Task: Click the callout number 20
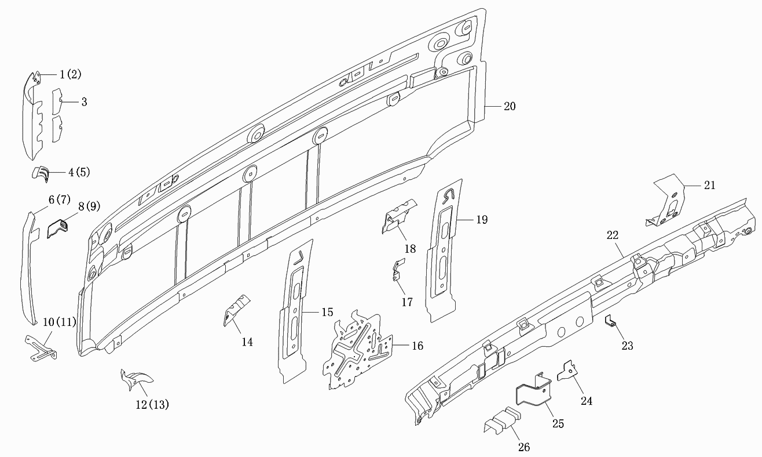pyautogui.click(x=510, y=106)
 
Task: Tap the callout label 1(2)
pyautogui.click(x=71, y=74)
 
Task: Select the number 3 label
pyautogui.click(x=84, y=102)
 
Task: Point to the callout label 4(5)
pyautogui.click(x=79, y=172)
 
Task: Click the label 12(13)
pyautogui.click(x=152, y=405)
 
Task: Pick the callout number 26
pyautogui.click(x=524, y=447)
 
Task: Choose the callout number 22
pyautogui.click(x=613, y=235)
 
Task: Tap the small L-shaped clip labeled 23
pyautogui.click(x=610, y=321)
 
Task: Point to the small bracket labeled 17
pyautogui.click(x=397, y=270)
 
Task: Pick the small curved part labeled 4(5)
pyautogui.click(x=41, y=174)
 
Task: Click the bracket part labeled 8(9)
pyautogui.click(x=57, y=228)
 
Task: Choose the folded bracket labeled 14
pyautogui.click(x=236, y=310)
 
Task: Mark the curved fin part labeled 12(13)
pyautogui.click(x=136, y=380)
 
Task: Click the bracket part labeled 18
pyautogui.click(x=398, y=216)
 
